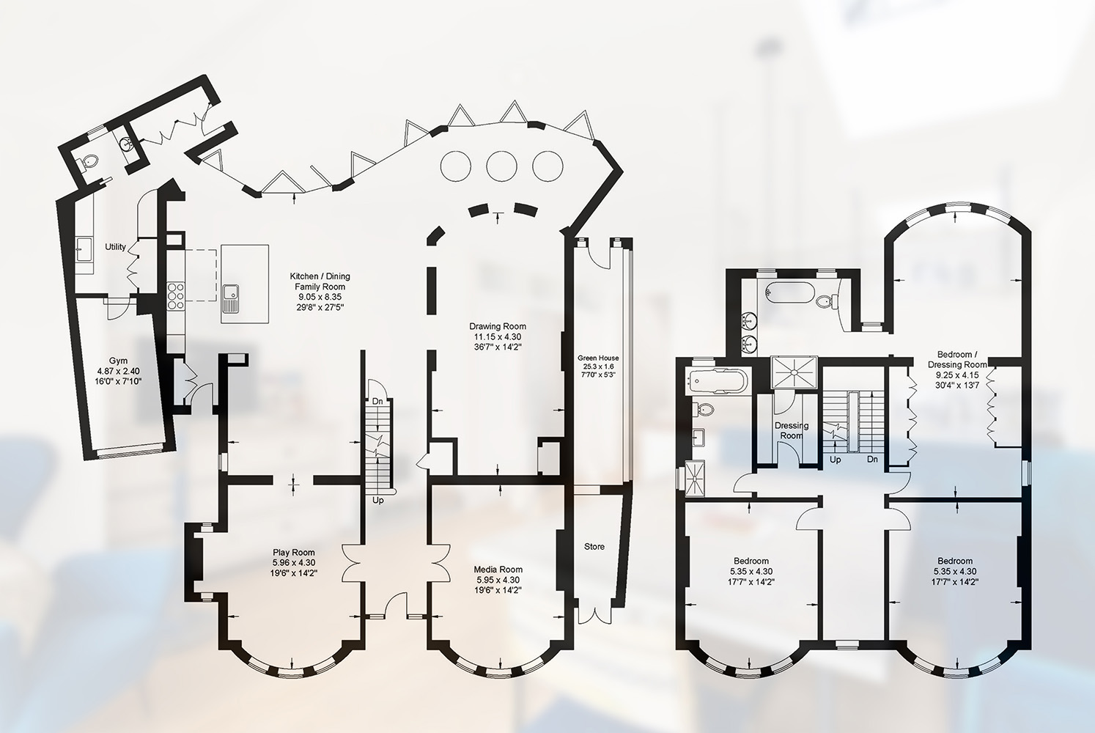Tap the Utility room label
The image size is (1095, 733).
coord(115,247)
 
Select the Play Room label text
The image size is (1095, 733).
coord(294,553)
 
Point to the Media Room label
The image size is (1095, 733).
coord(498,570)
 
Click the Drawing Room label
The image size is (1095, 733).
coord(498,326)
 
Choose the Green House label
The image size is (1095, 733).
coord(598,358)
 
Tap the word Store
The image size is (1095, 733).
coord(594,547)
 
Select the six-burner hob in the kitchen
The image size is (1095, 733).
coord(176,296)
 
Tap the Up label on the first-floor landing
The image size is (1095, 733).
coord(835,460)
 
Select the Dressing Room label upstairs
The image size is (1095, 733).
coord(792,430)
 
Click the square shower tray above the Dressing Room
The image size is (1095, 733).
coord(794,372)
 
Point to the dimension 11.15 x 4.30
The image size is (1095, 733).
coord(498,336)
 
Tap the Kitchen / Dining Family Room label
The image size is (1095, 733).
coord(320,281)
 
